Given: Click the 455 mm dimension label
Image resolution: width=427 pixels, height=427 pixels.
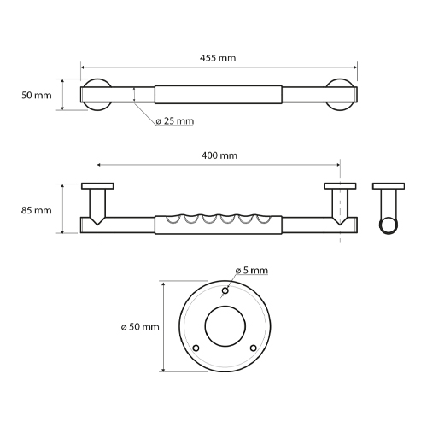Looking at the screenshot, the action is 218,58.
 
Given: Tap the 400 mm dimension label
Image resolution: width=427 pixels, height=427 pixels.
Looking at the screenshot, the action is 219,155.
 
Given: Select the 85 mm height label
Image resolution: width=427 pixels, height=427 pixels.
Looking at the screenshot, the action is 37,210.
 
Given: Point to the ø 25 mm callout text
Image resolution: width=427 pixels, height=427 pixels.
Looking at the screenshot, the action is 175,121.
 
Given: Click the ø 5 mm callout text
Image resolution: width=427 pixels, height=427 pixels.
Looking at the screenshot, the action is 252,270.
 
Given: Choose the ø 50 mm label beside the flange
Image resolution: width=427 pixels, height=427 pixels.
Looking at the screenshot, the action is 140,327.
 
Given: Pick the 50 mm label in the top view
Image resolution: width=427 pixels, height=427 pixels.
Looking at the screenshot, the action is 37,95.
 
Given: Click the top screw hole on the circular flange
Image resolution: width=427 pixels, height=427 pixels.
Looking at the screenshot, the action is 225,290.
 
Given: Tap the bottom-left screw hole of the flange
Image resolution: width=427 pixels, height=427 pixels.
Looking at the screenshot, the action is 196,348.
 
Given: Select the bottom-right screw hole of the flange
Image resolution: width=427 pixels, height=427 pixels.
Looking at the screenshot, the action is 253,348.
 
